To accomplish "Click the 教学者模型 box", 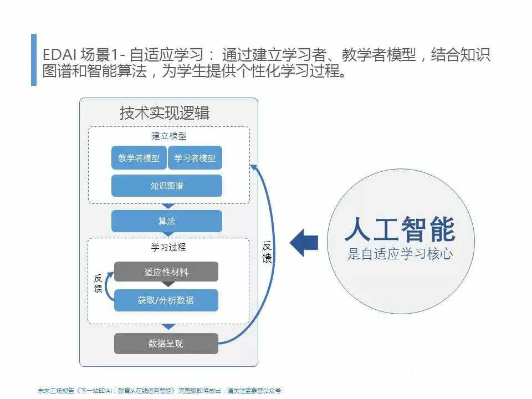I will click(139, 158).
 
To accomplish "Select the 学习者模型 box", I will click(195, 158).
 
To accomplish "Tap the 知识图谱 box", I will click(166, 186).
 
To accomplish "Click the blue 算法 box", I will click(166, 221).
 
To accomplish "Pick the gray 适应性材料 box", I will click(166, 272).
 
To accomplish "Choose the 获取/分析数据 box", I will click(166, 300).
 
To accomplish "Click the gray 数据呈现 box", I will click(166, 344).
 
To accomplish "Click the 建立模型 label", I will click(168, 136).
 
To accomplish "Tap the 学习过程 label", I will click(168, 247).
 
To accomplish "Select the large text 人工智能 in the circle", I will click(400, 229).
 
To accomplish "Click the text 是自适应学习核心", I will click(400, 255).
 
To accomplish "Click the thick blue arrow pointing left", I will click(304, 243).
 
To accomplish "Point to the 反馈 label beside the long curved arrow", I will click(267, 252).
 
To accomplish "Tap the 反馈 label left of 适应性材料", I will click(98, 283).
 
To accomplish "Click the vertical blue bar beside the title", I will click(34, 60).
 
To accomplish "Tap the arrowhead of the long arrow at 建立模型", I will click(253, 166).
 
